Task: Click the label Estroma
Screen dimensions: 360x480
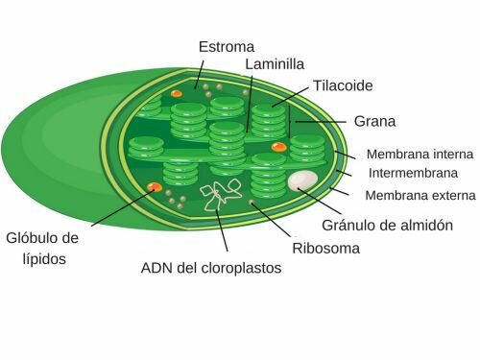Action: click(x=226, y=46)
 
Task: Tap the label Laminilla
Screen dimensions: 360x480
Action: click(x=275, y=64)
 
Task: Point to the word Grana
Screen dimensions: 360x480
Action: click(x=375, y=122)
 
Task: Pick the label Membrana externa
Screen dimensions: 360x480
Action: click(x=420, y=196)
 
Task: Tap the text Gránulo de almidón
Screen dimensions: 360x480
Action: click(x=386, y=226)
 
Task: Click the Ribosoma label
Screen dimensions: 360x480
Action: click(x=325, y=248)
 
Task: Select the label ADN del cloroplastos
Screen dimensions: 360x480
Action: click(x=211, y=268)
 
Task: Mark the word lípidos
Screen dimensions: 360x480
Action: click(x=33, y=259)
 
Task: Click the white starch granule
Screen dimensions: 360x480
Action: click(x=302, y=180)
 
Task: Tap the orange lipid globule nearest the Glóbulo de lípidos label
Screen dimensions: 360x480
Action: click(x=151, y=186)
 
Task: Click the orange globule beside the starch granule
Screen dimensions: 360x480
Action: click(x=278, y=147)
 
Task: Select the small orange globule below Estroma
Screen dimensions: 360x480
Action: click(x=177, y=93)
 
